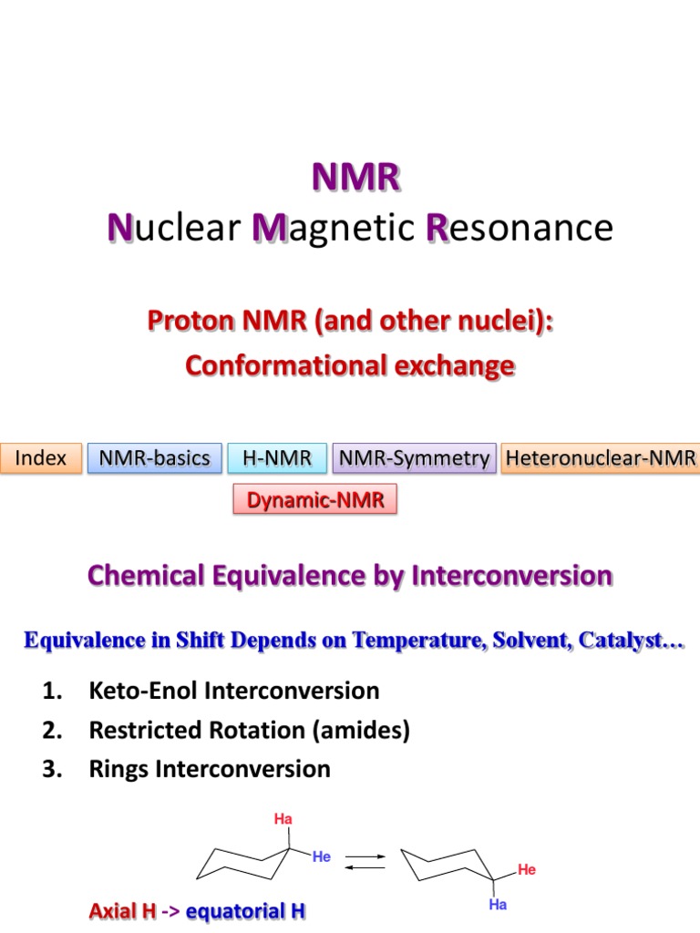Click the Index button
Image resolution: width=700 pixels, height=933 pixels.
click(x=41, y=458)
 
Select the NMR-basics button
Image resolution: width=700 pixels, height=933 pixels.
click(x=154, y=458)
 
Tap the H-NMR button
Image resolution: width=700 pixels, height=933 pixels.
click(x=277, y=458)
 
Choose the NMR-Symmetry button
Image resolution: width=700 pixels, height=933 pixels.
click(x=415, y=458)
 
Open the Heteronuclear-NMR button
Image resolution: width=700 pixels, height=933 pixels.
click(x=601, y=458)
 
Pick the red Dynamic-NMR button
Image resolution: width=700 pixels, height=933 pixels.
click(x=315, y=499)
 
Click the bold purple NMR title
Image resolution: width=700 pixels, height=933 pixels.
click(x=355, y=177)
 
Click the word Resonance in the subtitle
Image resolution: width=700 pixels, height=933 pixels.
click(x=520, y=227)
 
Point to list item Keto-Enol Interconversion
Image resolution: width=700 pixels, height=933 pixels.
click(x=233, y=690)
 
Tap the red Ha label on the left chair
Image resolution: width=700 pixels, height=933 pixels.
click(x=283, y=819)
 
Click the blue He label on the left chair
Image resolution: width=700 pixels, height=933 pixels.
click(x=322, y=856)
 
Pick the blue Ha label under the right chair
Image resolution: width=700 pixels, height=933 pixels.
click(x=498, y=905)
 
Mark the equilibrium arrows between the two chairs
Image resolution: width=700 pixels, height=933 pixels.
click(x=365, y=862)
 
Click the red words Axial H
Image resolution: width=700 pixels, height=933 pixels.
click(x=122, y=910)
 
